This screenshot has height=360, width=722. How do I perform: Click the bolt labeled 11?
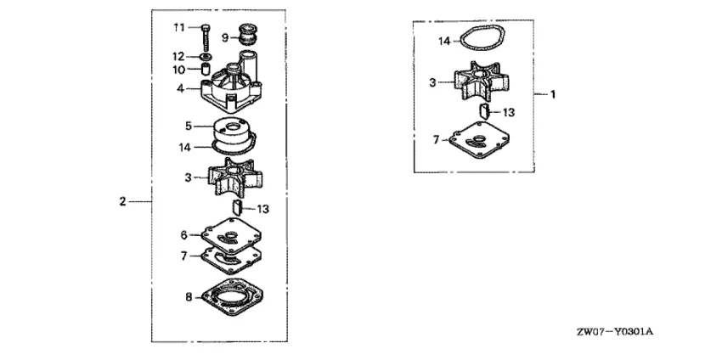tap(206, 37)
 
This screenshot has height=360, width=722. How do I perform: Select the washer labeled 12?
tap(206, 57)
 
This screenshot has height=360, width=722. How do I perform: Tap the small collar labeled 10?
tap(206, 70)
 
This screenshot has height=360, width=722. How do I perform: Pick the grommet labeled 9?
tap(248, 36)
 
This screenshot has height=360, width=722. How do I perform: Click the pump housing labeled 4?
tap(232, 87)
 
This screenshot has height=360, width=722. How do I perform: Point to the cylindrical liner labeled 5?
tap(233, 132)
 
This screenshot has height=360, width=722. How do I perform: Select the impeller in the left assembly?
tap(235, 177)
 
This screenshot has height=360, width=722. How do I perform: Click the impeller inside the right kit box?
tap(481, 83)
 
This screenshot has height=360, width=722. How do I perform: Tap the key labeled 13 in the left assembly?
tap(238, 208)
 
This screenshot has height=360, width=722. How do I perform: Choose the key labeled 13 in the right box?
tap(484, 111)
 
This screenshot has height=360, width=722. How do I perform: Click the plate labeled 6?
tap(232, 235)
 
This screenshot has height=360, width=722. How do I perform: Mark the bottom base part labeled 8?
tap(232, 297)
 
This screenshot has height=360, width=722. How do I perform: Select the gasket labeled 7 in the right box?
tap(478, 140)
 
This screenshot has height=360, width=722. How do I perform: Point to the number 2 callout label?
tap(122, 201)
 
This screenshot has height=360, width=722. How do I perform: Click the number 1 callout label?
tap(553, 94)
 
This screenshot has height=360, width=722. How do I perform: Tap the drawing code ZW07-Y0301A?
tap(615, 331)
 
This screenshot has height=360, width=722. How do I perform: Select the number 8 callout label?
tap(189, 297)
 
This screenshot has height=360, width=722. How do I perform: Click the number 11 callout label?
tap(179, 28)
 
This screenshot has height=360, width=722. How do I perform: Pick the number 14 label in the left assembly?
tap(185, 148)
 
